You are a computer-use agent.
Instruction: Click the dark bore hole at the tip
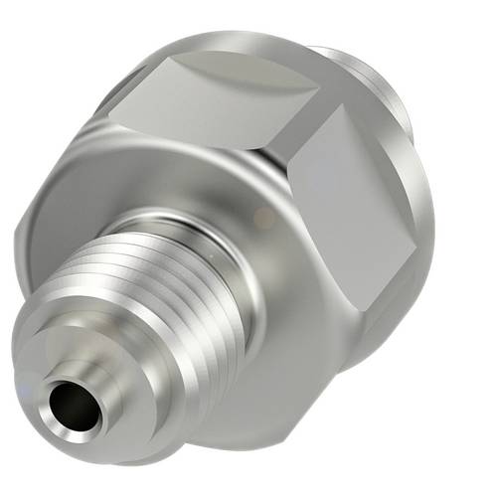pyautogui.click(x=76, y=407)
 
